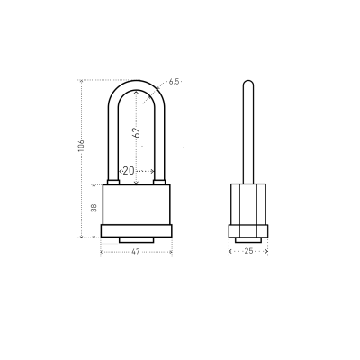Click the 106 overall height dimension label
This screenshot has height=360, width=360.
coord(81,146)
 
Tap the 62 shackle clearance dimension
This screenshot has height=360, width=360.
coord(136,132)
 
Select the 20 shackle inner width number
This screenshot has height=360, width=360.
coord(129,171)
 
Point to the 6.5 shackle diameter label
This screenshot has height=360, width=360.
coord(174,82)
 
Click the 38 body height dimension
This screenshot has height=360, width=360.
coord(94,207)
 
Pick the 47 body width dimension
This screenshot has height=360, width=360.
coord(136,252)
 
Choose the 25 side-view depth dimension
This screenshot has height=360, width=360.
coord(248,251)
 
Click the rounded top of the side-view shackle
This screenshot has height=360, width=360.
coord(248,84)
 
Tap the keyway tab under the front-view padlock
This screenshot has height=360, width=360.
coord(137,240)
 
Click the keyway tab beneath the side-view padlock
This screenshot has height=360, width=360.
coord(248,240)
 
